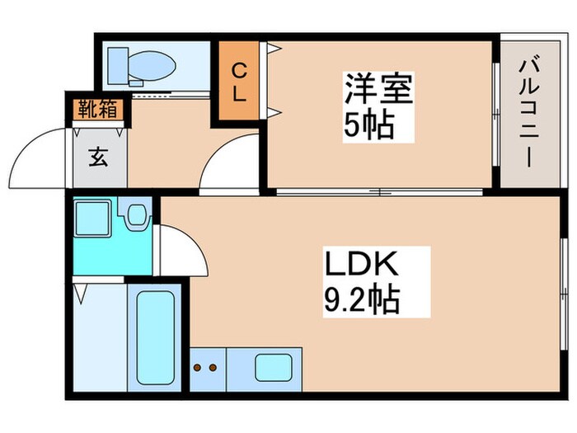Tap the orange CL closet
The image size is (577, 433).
pos(239,82)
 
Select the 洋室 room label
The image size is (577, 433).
pos(378,89)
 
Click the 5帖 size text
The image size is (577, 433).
pos(368,126)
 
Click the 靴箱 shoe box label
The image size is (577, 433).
pos(97,107)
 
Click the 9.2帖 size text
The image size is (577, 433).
pos(361,299)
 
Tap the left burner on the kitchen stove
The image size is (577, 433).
pos(199,368)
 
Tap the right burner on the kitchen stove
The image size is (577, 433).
pos(213,368)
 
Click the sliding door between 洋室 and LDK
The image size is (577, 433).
pos(379,193)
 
